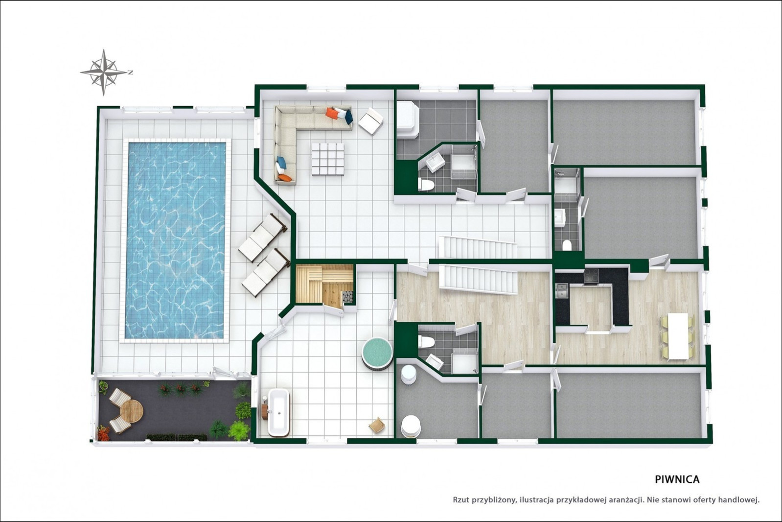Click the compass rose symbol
(x=104, y=72)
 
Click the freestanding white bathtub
(x=278, y=412)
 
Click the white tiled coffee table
(x=328, y=159)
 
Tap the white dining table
(x=678, y=336)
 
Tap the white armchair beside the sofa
(x=370, y=121)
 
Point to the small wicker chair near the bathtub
(x=377, y=425)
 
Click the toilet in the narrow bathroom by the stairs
(x=567, y=246)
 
